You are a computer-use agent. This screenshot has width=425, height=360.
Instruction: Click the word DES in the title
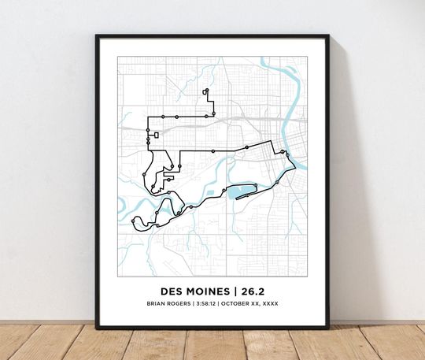[172, 289]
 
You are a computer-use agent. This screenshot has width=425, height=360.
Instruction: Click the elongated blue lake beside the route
[242, 191]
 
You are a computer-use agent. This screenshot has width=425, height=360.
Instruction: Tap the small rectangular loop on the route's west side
[156, 135]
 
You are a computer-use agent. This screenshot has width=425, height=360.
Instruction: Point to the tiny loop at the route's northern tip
[205, 91]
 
